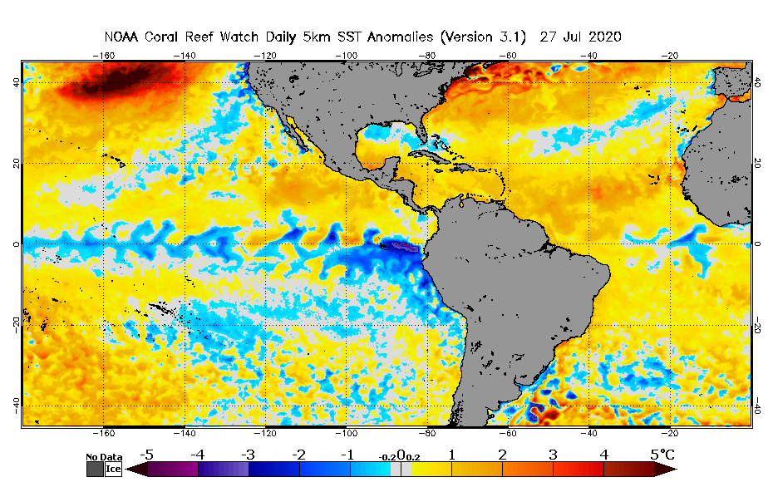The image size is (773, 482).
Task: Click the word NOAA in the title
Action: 121,37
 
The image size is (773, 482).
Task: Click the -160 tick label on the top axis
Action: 103,56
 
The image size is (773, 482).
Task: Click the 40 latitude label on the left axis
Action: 14,82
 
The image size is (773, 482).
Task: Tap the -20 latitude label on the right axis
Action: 757,326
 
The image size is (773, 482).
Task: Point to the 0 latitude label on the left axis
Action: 16,244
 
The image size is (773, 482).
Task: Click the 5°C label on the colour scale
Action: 662,455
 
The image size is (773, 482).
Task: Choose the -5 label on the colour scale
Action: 146,455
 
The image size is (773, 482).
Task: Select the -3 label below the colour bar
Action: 247,455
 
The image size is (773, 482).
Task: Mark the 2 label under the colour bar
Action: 503,455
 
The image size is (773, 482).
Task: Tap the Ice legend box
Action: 112,470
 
